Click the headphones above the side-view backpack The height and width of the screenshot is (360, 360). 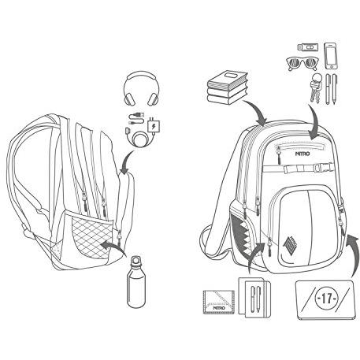pos(141,89)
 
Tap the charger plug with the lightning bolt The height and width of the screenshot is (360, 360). pos(153,126)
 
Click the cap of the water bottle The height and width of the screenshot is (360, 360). pos(135,260)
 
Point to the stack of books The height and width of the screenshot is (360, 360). pos(228,87)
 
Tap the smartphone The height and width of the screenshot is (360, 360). pos(331,56)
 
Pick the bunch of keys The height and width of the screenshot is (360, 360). pos(316,87)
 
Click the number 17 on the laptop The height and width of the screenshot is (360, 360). pos(327,299)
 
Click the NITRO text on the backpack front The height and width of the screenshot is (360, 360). pos(302,154)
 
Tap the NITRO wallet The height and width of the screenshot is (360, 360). pos(218,302)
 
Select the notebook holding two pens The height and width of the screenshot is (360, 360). pos(254,298)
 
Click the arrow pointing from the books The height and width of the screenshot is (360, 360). pos(255,111)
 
